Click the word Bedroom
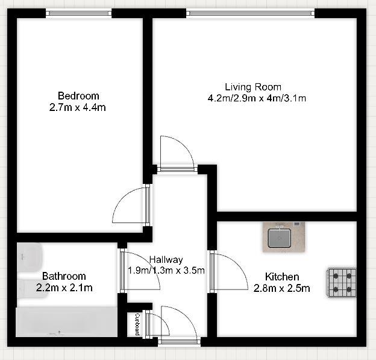click(78, 96)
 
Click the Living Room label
click(253, 87)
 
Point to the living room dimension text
click(257, 98)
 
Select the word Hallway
click(166, 260)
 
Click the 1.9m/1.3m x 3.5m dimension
click(166, 270)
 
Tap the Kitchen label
click(282, 277)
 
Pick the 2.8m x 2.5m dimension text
click(282, 288)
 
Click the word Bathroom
click(64, 277)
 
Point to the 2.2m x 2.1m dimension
click(64, 288)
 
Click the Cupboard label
click(137, 324)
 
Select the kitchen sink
click(283, 237)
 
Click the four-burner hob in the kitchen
click(342, 283)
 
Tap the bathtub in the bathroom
click(66, 322)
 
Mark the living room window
click(251, 12)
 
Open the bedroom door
click(131, 206)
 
